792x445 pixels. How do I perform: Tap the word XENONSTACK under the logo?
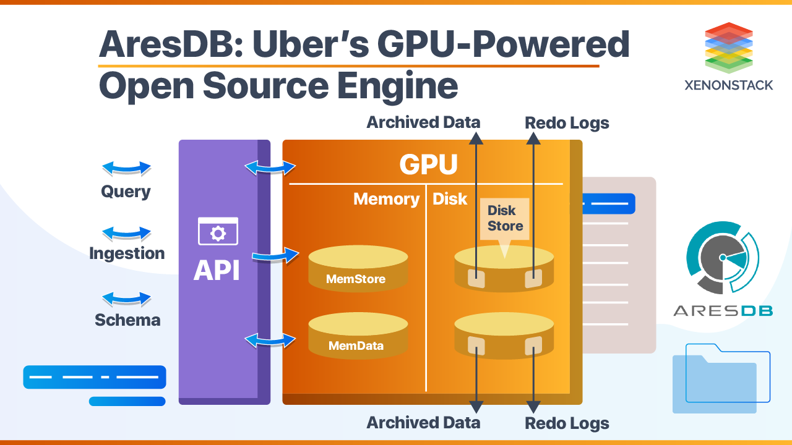(x=728, y=85)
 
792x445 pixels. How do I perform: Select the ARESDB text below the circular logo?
(x=723, y=310)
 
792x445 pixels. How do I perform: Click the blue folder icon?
(x=721, y=378)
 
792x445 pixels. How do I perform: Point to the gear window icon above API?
(x=218, y=232)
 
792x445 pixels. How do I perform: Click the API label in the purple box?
(x=217, y=270)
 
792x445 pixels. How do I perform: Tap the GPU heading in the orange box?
(x=428, y=164)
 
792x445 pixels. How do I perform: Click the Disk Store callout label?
(x=505, y=218)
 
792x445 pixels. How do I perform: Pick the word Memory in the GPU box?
(x=386, y=199)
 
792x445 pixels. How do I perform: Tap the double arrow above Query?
(x=126, y=168)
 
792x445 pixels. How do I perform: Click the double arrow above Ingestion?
(x=126, y=233)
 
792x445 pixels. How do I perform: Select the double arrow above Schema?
(x=126, y=299)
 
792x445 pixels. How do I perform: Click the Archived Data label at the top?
(x=423, y=122)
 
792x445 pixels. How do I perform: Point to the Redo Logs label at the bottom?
(x=567, y=423)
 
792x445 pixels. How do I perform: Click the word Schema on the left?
(x=127, y=320)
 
